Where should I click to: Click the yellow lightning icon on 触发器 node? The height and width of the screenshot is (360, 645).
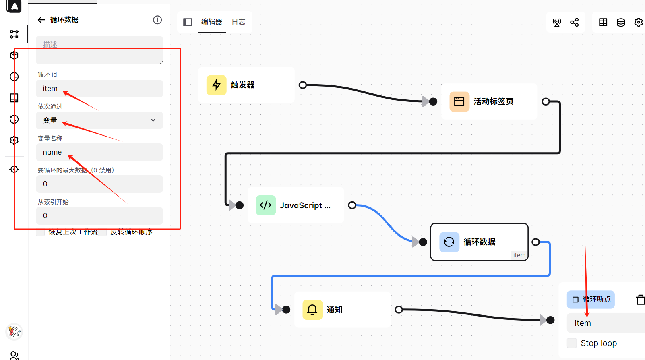click(217, 85)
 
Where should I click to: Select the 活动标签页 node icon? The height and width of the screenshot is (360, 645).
click(459, 101)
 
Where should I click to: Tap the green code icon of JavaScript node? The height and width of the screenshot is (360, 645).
click(266, 205)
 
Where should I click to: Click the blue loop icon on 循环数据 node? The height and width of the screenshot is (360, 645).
click(449, 242)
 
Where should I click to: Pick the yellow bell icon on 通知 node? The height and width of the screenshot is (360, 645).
click(312, 310)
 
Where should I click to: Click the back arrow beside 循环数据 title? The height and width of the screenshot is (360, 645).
click(41, 20)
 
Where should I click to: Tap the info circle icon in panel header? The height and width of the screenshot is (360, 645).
click(157, 20)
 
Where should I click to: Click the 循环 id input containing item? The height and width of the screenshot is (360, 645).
click(99, 89)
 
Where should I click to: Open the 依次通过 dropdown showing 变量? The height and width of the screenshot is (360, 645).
click(99, 120)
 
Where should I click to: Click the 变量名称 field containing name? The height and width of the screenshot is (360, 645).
click(99, 152)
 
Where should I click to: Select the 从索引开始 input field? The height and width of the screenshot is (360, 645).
click(99, 216)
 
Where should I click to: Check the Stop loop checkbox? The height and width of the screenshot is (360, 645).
click(572, 343)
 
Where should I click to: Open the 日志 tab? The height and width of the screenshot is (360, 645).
click(238, 22)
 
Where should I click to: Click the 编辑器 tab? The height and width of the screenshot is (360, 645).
click(212, 22)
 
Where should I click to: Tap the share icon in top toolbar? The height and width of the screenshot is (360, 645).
click(575, 22)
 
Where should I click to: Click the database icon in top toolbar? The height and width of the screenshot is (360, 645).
click(621, 22)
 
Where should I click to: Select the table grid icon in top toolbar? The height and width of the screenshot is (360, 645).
click(603, 22)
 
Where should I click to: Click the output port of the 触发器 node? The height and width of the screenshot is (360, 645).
click(303, 85)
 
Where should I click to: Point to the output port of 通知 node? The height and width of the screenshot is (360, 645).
click(399, 310)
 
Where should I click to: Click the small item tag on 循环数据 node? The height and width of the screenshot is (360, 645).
click(519, 255)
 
